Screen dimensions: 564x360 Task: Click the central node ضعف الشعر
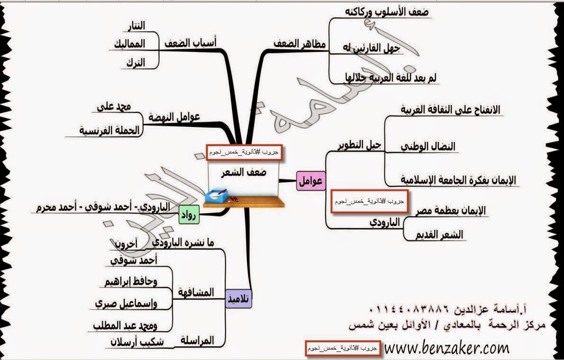click(244, 172)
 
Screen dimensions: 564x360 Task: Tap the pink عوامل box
click(310, 180)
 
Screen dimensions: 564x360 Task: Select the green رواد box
click(189, 217)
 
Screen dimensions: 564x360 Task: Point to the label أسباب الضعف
click(190, 43)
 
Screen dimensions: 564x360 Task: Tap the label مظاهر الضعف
click(300, 44)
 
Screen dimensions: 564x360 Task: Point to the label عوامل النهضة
click(174, 117)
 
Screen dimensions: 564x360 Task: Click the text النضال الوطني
click(428, 146)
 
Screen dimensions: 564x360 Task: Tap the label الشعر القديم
click(439, 234)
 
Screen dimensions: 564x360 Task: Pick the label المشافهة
click(196, 292)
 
